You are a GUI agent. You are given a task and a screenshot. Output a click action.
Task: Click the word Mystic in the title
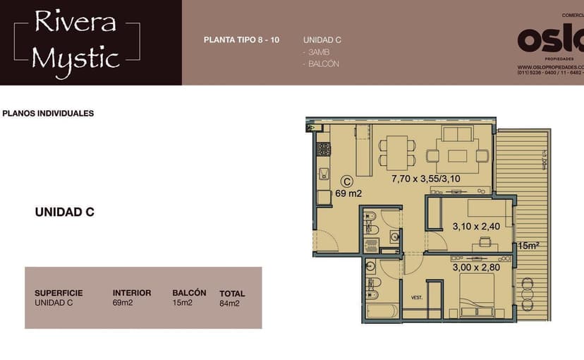pyautogui.click(x=75, y=58)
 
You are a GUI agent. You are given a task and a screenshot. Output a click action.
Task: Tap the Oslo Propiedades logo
pyautogui.click(x=550, y=41)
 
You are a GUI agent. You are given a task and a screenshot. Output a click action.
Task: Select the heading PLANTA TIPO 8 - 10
pyautogui.click(x=241, y=40)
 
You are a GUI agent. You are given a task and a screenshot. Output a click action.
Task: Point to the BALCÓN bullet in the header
pyautogui.click(x=322, y=64)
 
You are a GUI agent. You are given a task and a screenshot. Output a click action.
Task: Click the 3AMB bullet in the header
pyautogui.click(x=316, y=52)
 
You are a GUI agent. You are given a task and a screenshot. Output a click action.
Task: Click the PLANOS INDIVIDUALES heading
pyautogui.click(x=48, y=113)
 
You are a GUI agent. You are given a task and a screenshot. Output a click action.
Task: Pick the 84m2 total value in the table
pyautogui.click(x=229, y=304)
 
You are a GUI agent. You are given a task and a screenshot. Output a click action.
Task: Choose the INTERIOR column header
pyautogui.click(x=132, y=293)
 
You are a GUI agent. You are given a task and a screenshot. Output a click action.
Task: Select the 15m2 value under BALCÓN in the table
pyautogui.click(x=182, y=303)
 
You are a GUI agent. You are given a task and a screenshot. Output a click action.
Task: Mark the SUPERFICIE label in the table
pyautogui.click(x=59, y=293)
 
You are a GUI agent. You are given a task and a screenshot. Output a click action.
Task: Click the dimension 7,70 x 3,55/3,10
pyautogui.click(x=425, y=179)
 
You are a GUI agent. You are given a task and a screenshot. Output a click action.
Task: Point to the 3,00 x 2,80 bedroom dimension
pyautogui.click(x=475, y=268)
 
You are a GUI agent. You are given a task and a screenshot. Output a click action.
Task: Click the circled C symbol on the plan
pyautogui.click(x=346, y=180)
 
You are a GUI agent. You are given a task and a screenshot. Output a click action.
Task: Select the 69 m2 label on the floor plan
pyautogui.click(x=348, y=193)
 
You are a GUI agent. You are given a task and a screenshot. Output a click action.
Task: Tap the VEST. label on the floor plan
pyautogui.click(x=416, y=297)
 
